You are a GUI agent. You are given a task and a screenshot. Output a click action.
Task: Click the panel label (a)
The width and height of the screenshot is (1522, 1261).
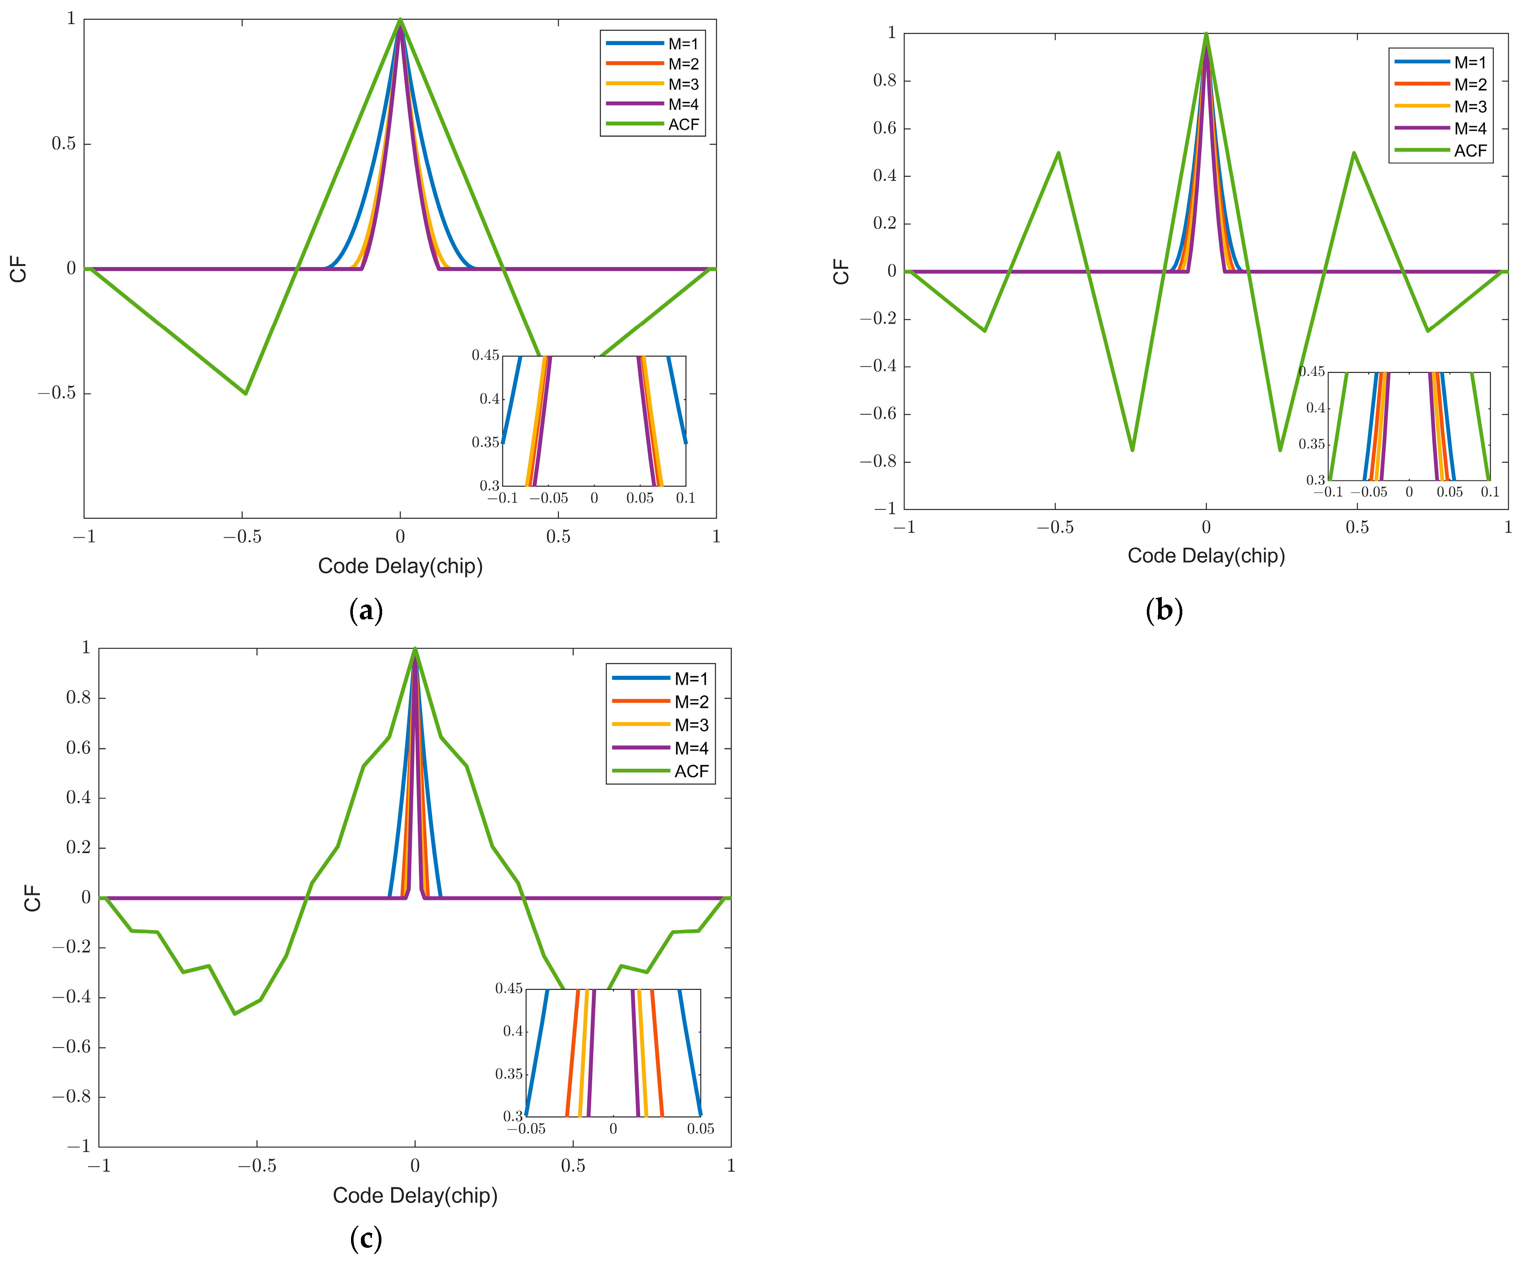pos(366,611)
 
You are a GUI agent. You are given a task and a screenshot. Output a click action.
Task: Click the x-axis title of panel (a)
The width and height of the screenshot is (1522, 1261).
pos(400,566)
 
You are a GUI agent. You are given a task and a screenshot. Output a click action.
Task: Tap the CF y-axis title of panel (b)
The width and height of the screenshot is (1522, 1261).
pos(841,272)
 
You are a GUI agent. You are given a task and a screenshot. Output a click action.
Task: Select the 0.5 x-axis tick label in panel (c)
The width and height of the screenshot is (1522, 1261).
pos(572,1166)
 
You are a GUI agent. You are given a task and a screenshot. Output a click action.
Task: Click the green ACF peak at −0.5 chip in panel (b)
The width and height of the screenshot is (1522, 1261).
pos(1059,153)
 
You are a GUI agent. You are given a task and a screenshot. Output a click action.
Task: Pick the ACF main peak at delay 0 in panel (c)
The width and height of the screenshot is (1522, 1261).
pos(415,649)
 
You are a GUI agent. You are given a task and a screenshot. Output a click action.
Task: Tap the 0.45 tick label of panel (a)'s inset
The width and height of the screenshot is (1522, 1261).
pos(486,355)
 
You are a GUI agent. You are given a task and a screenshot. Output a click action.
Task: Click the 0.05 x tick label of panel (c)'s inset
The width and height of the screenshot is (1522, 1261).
pos(700,1129)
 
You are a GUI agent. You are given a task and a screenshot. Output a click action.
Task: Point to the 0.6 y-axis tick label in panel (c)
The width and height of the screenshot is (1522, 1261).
pos(78,748)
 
